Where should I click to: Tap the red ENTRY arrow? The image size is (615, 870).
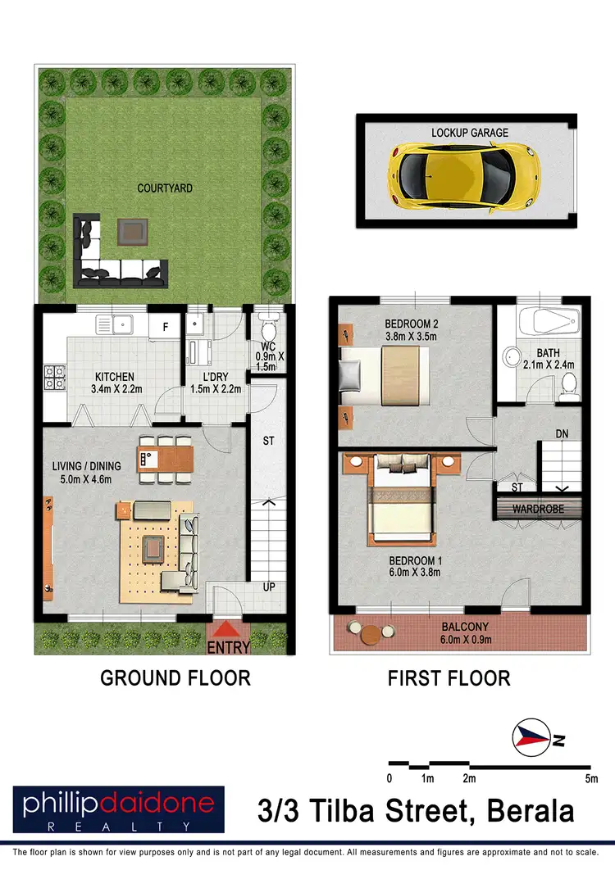pyautogui.click(x=230, y=631)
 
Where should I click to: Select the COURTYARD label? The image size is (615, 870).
pyautogui.click(x=165, y=188)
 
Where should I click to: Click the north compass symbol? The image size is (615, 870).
pyautogui.click(x=531, y=739)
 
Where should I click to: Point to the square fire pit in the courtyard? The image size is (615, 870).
pyautogui.click(x=130, y=232)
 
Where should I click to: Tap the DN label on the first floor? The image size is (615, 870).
pyautogui.click(x=562, y=433)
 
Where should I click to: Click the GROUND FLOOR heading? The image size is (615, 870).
pyautogui.click(x=175, y=678)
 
